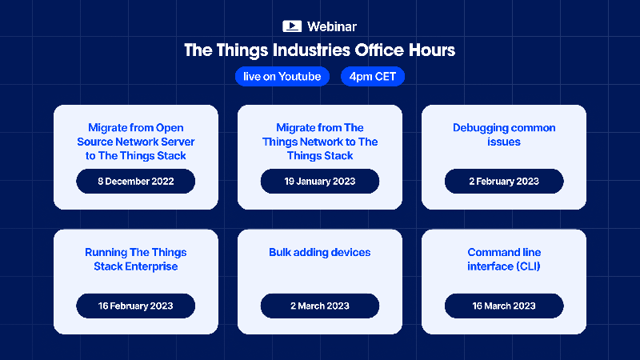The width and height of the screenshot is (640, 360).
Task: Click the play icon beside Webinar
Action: (291, 26)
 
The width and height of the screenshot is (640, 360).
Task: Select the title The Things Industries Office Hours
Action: (320, 50)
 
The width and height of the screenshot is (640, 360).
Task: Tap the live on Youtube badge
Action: (283, 77)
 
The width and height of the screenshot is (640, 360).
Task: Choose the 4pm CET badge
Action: (373, 77)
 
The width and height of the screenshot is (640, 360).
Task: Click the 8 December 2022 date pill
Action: (136, 182)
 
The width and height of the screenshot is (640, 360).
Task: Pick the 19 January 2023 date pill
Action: (320, 182)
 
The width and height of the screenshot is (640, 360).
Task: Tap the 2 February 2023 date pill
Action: (504, 182)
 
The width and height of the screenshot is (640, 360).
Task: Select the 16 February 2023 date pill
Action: (136, 306)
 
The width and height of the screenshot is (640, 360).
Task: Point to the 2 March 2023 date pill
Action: (320, 306)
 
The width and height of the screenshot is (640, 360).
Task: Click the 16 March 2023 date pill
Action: (504, 306)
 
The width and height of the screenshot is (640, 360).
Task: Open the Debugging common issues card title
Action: (504, 134)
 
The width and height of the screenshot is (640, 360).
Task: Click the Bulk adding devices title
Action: (320, 252)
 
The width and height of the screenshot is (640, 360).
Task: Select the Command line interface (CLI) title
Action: (504, 259)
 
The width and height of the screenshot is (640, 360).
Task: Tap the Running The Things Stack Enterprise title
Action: (136, 259)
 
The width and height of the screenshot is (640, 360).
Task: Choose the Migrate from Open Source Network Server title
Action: (136, 142)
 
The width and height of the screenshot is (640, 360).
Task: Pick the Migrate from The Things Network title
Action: (320, 142)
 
